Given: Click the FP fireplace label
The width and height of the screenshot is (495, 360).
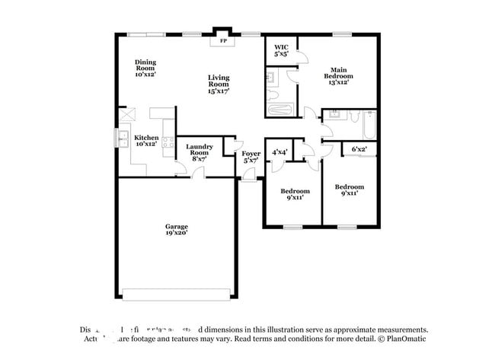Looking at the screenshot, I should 223,41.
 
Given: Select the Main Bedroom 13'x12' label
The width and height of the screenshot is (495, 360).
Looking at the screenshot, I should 340,73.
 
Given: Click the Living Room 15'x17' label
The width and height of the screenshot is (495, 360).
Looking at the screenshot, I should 219,84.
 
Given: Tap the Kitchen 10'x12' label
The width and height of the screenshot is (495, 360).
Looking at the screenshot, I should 146,141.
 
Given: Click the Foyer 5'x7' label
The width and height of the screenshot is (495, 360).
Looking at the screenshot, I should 251,157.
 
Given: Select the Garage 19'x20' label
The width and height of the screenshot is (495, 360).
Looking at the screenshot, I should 177,230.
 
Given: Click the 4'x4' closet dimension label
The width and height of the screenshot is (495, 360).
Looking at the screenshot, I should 279,152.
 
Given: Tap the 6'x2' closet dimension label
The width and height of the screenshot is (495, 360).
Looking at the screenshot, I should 359,150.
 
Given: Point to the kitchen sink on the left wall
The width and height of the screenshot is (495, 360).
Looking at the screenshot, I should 123,139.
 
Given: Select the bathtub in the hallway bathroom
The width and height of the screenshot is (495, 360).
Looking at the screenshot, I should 367,123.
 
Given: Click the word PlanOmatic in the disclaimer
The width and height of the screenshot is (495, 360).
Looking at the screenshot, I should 407,339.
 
